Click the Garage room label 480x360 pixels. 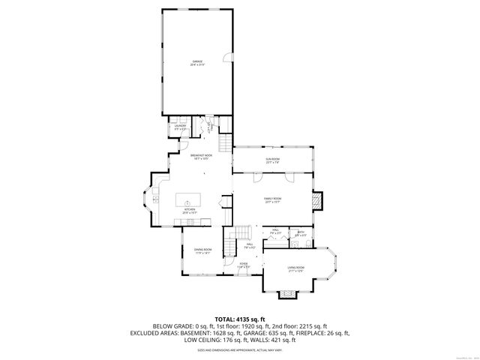(197, 63)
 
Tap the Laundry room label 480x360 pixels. (180, 127)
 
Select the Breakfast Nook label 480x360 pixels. (201, 155)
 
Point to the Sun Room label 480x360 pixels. (271, 159)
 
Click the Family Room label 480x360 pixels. (271, 199)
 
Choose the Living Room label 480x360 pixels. (296, 268)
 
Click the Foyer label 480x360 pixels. (243, 264)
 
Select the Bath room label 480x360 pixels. (301, 232)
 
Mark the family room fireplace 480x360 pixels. (319, 200)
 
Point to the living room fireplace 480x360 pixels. (286, 294)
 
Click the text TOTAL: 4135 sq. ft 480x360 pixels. (240, 319)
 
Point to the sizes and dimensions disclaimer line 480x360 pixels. (240, 350)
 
